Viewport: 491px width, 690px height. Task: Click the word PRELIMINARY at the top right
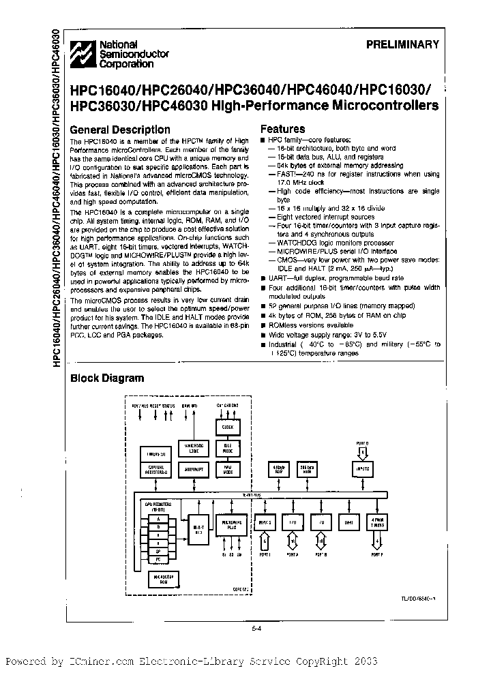(403, 45)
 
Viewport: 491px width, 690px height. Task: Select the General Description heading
(120, 130)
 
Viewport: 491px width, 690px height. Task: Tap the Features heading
(282, 129)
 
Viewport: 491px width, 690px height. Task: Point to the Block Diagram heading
(107, 378)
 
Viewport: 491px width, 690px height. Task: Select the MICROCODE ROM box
(162, 580)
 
